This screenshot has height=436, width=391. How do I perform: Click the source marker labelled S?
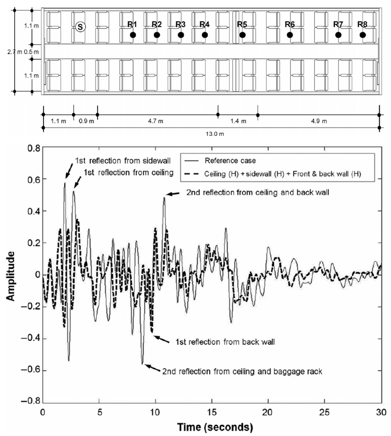coord(80,27)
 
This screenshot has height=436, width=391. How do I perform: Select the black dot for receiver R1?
coord(133,35)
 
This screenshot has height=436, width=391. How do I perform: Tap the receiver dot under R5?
coord(242,35)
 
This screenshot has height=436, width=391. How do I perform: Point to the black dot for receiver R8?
coord(363,35)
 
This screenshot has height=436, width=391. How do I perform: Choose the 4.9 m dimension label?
coord(318,121)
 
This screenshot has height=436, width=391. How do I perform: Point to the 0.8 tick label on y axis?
coord(32,148)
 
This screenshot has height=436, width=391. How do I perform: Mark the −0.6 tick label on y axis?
coord(29,371)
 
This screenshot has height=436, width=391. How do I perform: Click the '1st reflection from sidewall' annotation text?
coord(123,160)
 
